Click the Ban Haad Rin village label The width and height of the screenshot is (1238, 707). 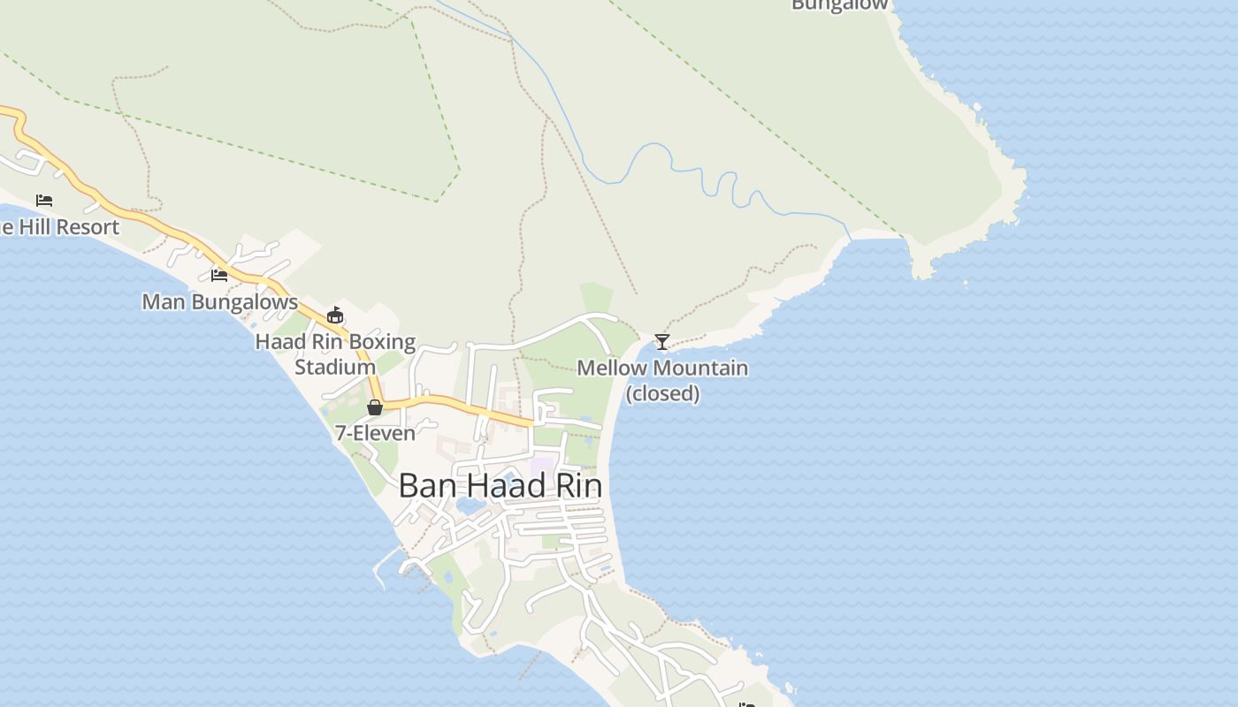(x=500, y=486)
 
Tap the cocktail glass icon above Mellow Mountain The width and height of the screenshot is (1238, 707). (x=661, y=341)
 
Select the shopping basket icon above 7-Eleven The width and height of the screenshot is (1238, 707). (x=375, y=407)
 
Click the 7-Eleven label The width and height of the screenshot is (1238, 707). (x=375, y=433)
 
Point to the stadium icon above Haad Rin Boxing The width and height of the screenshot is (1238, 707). (x=334, y=315)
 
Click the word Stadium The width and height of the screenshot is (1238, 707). (x=335, y=367)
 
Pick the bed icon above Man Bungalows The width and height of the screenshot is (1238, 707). (x=219, y=275)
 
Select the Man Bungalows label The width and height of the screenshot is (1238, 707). (x=220, y=301)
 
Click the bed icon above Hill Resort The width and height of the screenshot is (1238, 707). (x=44, y=201)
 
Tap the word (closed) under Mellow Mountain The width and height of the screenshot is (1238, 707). (x=662, y=393)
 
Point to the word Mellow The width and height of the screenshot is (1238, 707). (x=612, y=368)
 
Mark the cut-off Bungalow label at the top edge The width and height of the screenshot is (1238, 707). (x=839, y=5)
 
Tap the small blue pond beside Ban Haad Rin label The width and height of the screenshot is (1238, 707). (x=469, y=506)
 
